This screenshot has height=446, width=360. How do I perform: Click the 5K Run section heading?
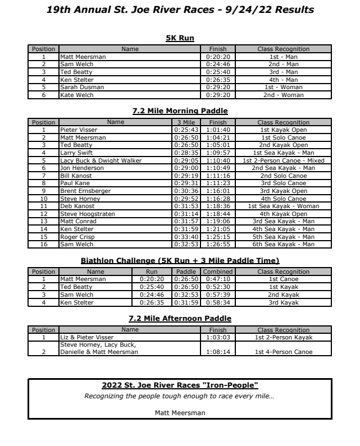(180, 38)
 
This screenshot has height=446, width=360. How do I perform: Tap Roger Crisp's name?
(75, 229)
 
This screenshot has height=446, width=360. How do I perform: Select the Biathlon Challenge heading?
(180, 260)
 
